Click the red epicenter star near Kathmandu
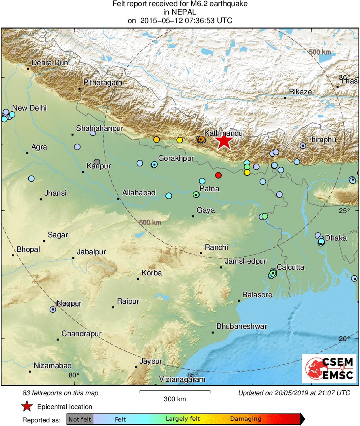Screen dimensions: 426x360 click(224, 141)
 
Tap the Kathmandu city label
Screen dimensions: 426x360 click(223, 133)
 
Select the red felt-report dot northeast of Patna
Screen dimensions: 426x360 click(218, 175)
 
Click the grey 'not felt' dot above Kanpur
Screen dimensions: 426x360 click(97, 162)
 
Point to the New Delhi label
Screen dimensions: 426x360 click(29, 108)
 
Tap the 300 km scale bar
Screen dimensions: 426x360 click(175, 392)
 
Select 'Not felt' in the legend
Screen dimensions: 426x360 click(80, 419)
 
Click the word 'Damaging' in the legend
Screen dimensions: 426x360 click(246, 419)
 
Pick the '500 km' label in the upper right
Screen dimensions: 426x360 click(320, 52)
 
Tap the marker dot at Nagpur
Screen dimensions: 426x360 click(53, 309)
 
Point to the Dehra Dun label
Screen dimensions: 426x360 click(50, 63)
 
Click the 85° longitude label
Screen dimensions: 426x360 click(192, 375)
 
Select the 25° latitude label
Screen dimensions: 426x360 click(344, 211)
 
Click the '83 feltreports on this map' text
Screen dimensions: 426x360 click(60, 393)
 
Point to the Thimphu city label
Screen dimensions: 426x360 click(321, 140)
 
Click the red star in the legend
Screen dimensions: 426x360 click(27, 407)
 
